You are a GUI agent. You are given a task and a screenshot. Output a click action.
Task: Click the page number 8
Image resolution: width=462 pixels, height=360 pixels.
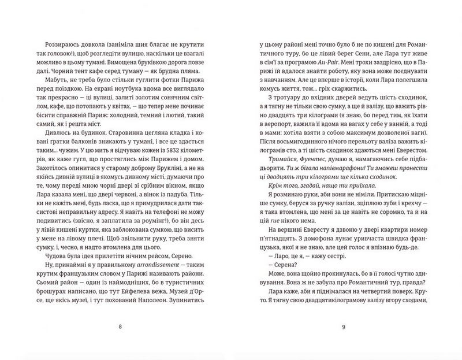tap(120, 327)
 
